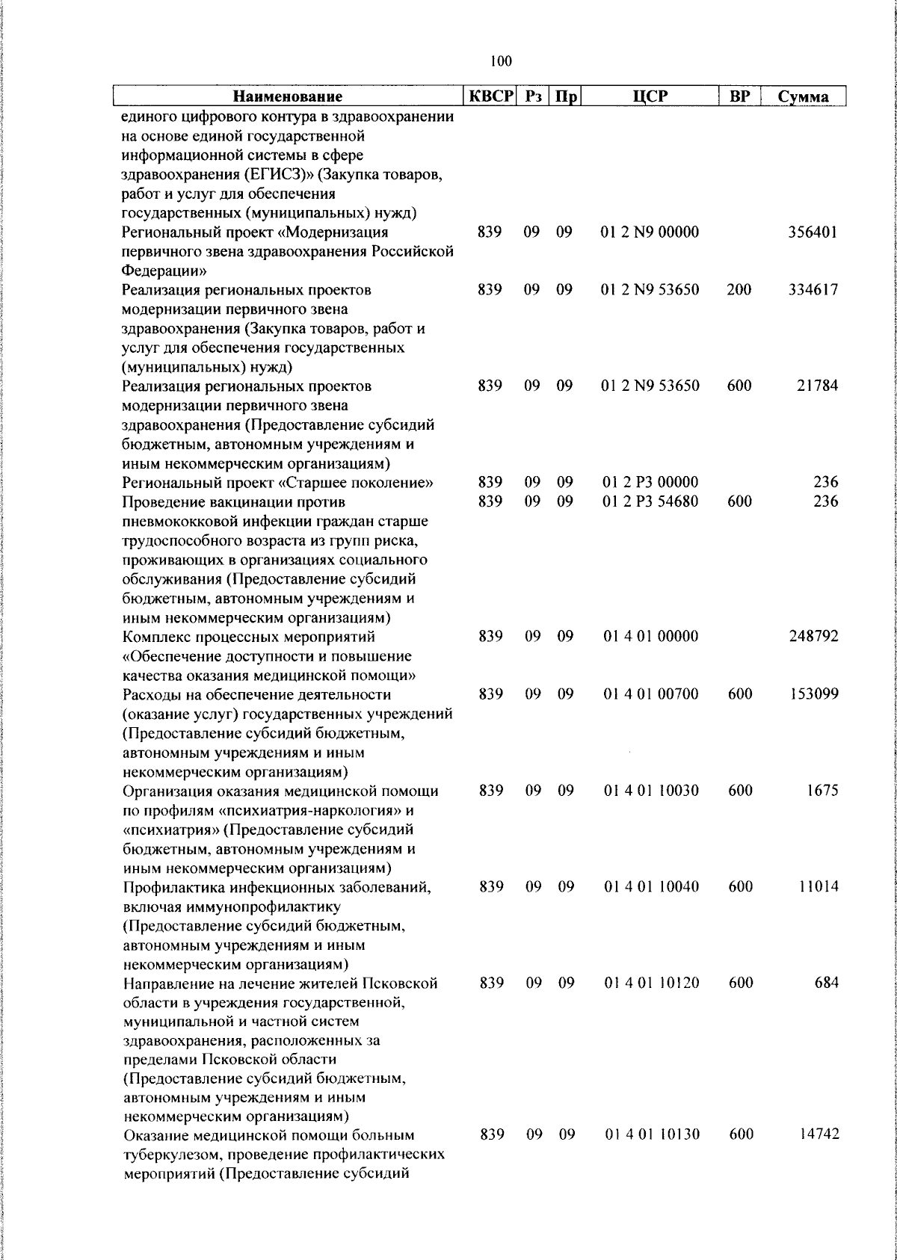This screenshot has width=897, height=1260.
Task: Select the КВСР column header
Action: tap(491, 96)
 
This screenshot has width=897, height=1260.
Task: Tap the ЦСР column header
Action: tap(650, 96)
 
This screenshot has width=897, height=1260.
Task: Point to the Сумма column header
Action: tap(803, 97)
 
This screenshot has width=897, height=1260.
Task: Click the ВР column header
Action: tap(739, 96)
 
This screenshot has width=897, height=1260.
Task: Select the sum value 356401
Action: tap(813, 232)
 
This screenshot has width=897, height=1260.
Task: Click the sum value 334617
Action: tap(813, 290)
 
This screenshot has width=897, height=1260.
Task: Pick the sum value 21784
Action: tap(816, 386)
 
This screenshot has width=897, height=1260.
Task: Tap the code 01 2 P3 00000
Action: tap(650, 483)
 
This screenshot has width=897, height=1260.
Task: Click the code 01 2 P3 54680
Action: tap(650, 501)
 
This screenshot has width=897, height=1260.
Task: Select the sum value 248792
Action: tap(814, 637)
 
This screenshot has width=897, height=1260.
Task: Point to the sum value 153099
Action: tap(813, 694)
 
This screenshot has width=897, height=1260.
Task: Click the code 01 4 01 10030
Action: tap(651, 791)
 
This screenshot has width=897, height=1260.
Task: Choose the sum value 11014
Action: tap(816, 887)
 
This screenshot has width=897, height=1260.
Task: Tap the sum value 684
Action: tap(826, 983)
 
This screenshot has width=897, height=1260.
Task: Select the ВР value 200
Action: tap(739, 290)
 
